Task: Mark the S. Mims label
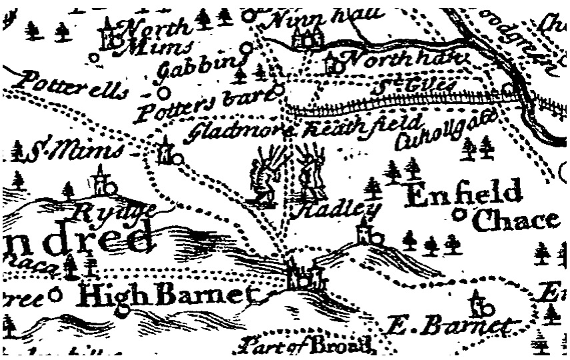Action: coord(74,152)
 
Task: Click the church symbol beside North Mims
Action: coord(109,35)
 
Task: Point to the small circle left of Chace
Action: coord(459,215)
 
